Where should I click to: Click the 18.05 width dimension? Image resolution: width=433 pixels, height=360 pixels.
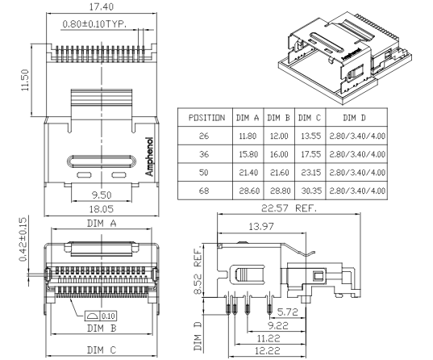pos(95,208)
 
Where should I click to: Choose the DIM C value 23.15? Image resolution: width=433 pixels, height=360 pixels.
pos(310,173)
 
